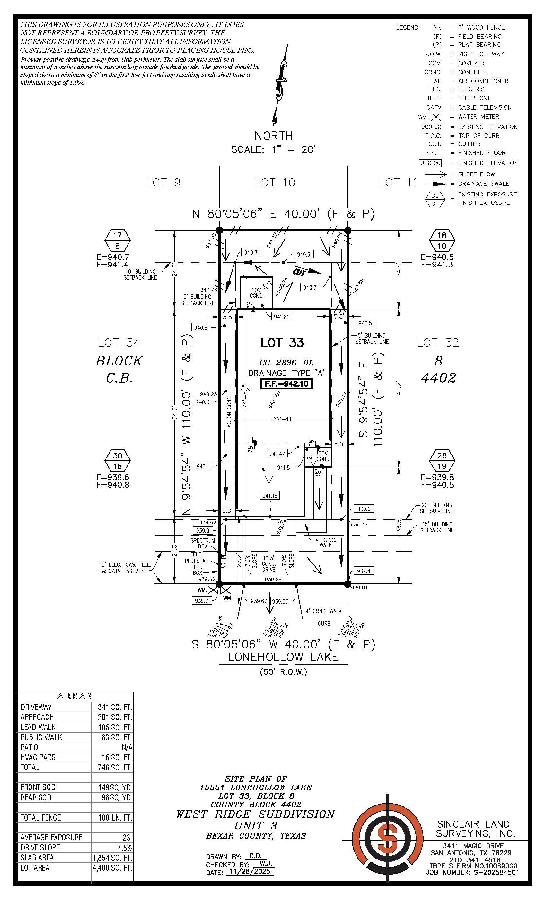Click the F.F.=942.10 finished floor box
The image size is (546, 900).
286,383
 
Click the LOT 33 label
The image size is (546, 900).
282,343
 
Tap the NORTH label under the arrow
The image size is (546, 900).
273,136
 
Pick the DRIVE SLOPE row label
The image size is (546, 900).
40,847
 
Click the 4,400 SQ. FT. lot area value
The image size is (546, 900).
112,868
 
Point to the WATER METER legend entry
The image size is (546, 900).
479,116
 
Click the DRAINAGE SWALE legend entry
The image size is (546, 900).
483,184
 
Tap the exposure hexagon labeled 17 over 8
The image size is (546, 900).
117,240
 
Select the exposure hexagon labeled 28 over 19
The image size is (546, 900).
442,461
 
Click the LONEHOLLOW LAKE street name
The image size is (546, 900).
283,657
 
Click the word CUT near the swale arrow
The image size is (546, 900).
299,272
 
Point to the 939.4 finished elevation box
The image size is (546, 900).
364,571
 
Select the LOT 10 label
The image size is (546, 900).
275,183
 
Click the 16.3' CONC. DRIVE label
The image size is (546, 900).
269,563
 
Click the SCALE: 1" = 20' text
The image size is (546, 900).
273,149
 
